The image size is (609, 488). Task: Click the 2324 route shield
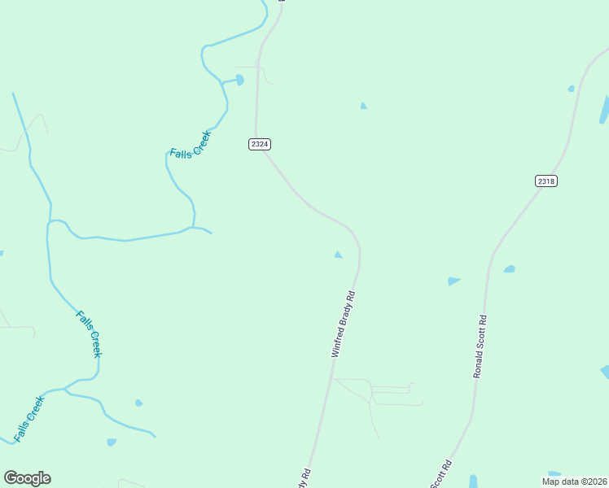point(260,144)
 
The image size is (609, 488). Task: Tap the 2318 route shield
point(546,181)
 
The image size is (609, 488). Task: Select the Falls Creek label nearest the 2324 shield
point(191,144)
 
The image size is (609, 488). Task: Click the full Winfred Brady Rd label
point(344,325)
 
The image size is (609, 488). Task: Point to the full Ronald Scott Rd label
point(480,346)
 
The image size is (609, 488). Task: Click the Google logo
point(27,478)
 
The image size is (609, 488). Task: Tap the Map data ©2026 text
point(574,481)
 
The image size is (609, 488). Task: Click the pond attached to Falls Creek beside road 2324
point(239,80)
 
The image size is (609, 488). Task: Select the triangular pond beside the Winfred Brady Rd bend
point(338,255)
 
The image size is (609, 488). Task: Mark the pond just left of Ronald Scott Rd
point(453,281)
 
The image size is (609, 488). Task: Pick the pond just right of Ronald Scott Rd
point(509,268)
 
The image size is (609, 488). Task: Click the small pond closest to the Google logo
point(112,442)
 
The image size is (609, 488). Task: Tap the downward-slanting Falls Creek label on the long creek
point(89,333)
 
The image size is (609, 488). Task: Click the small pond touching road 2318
point(572,89)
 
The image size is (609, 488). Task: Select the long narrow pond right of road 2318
point(604,110)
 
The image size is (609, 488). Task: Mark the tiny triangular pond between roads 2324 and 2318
point(363,106)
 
